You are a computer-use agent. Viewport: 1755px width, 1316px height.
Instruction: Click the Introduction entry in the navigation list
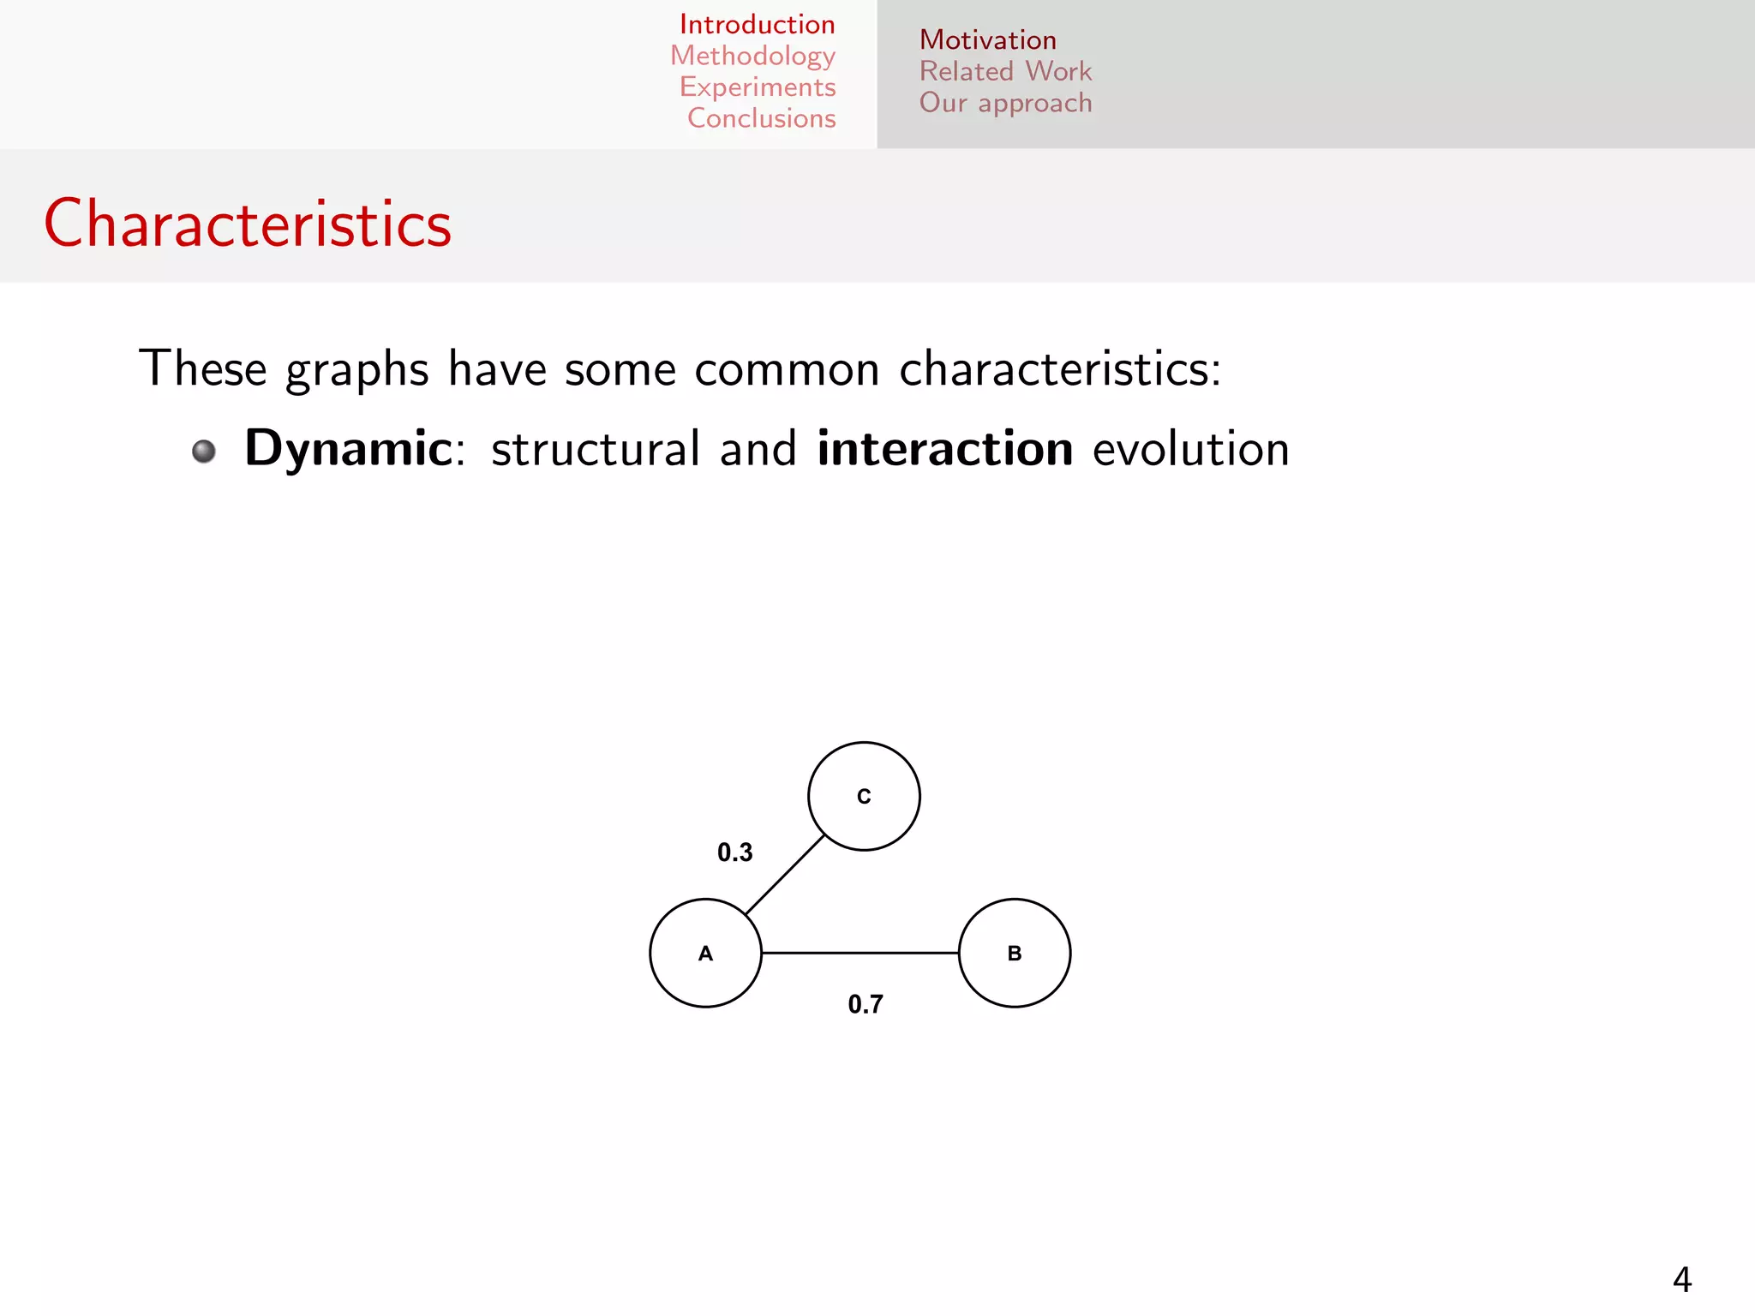point(757,24)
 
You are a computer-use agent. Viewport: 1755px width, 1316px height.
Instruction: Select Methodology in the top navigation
point(752,56)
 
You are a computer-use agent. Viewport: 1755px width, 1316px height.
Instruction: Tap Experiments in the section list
point(758,87)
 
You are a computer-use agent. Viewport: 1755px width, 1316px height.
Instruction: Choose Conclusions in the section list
point(761,118)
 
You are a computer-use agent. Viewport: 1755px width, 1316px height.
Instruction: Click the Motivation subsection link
point(987,40)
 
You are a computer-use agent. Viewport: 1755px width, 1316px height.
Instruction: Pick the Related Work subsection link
point(1005,71)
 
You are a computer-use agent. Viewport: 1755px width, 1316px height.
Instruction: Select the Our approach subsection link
point(1005,103)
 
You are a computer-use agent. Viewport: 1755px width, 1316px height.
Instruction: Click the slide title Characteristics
point(248,224)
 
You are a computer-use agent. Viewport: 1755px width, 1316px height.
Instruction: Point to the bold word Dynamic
point(348,448)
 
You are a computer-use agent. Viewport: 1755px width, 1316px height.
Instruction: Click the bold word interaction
point(944,448)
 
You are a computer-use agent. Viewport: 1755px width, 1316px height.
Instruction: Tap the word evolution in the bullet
point(1190,448)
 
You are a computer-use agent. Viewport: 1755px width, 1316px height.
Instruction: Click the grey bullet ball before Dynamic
point(204,451)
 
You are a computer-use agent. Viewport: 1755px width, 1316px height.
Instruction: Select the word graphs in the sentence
point(356,370)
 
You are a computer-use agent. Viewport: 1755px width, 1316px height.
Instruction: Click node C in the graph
point(864,796)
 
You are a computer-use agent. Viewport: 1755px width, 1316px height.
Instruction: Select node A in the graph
point(705,953)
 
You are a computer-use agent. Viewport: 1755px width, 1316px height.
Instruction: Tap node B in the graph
point(1015,953)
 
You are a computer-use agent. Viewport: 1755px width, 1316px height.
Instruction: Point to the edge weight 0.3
point(734,852)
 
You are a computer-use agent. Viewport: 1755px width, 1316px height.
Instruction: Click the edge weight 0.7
point(865,1004)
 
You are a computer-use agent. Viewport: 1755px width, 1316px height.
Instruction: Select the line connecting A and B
point(860,953)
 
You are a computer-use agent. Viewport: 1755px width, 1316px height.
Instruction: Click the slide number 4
point(1681,1280)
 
